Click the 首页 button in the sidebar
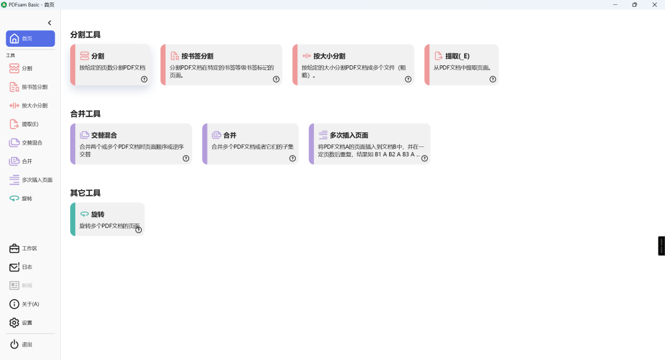pyautogui.click(x=30, y=39)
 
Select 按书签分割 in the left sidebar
pyautogui.click(x=34, y=87)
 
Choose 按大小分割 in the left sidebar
pyautogui.click(x=34, y=105)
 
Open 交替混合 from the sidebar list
pyautogui.click(x=32, y=143)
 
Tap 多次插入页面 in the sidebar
pyautogui.click(x=37, y=180)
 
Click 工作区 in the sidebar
pyautogui.click(x=30, y=249)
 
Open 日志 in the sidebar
pyautogui.click(x=27, y=267)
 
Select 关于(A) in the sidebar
pyautogui.click(x=30, y=304)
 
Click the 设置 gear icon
pyautogui.click(x=14, y=322)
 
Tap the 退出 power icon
pyautogui.click(x=14, y=345)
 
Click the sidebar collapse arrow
pyautogui.click(x=50, y=23)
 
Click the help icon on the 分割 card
pyautogui.click(x=144, y=79)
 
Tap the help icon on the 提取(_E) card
pyautogui.click(x=493, y=79)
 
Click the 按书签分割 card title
pyautogui.click(x=197, y=56)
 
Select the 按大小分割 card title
pyautogui.click(x=329, y=56)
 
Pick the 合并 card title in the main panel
pyautogui.click(x=230, y=135)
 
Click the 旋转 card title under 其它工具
pyautogui.click(x=97, y=214)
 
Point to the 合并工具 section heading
pyautogui.click(x=86, y=114)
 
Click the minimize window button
pyautogui.click(x=614, y=4)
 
